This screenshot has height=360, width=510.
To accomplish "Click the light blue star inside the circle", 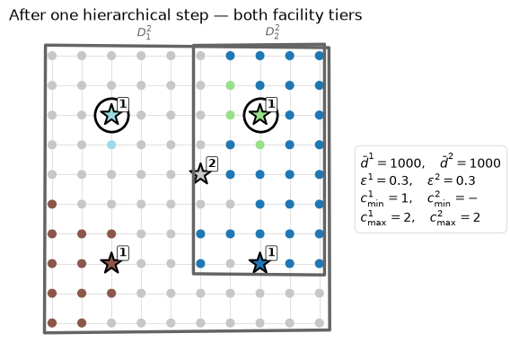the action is tap(111, 115).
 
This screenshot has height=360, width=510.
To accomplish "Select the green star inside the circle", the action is tap(260, 115).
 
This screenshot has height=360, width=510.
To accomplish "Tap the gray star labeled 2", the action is tap(200, 173).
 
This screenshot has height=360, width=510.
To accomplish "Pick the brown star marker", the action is tap(111, 263).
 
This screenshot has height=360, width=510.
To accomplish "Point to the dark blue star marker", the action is tap(259, 263).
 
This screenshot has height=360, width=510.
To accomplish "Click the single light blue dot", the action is tap(111, 145).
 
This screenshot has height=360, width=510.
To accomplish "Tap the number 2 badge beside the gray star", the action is tap(212, 163).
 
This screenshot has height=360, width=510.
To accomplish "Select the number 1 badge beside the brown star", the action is tap(123, 252).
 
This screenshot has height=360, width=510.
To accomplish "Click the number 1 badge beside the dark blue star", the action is tap(271, 252).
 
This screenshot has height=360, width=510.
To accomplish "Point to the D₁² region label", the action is tap(144, 33).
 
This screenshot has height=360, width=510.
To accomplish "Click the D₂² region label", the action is tap(272, 32).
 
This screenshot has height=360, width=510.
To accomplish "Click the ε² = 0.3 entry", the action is tap(452, 180).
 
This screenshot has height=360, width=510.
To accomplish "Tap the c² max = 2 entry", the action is tap(454, 217).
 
